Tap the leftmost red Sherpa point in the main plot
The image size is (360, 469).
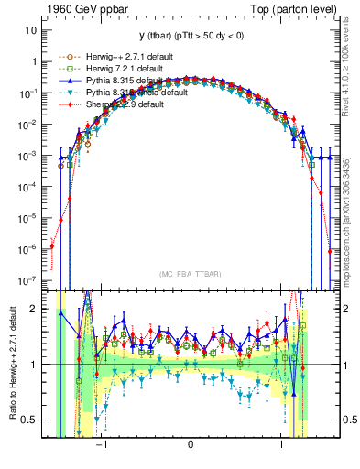52,245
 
